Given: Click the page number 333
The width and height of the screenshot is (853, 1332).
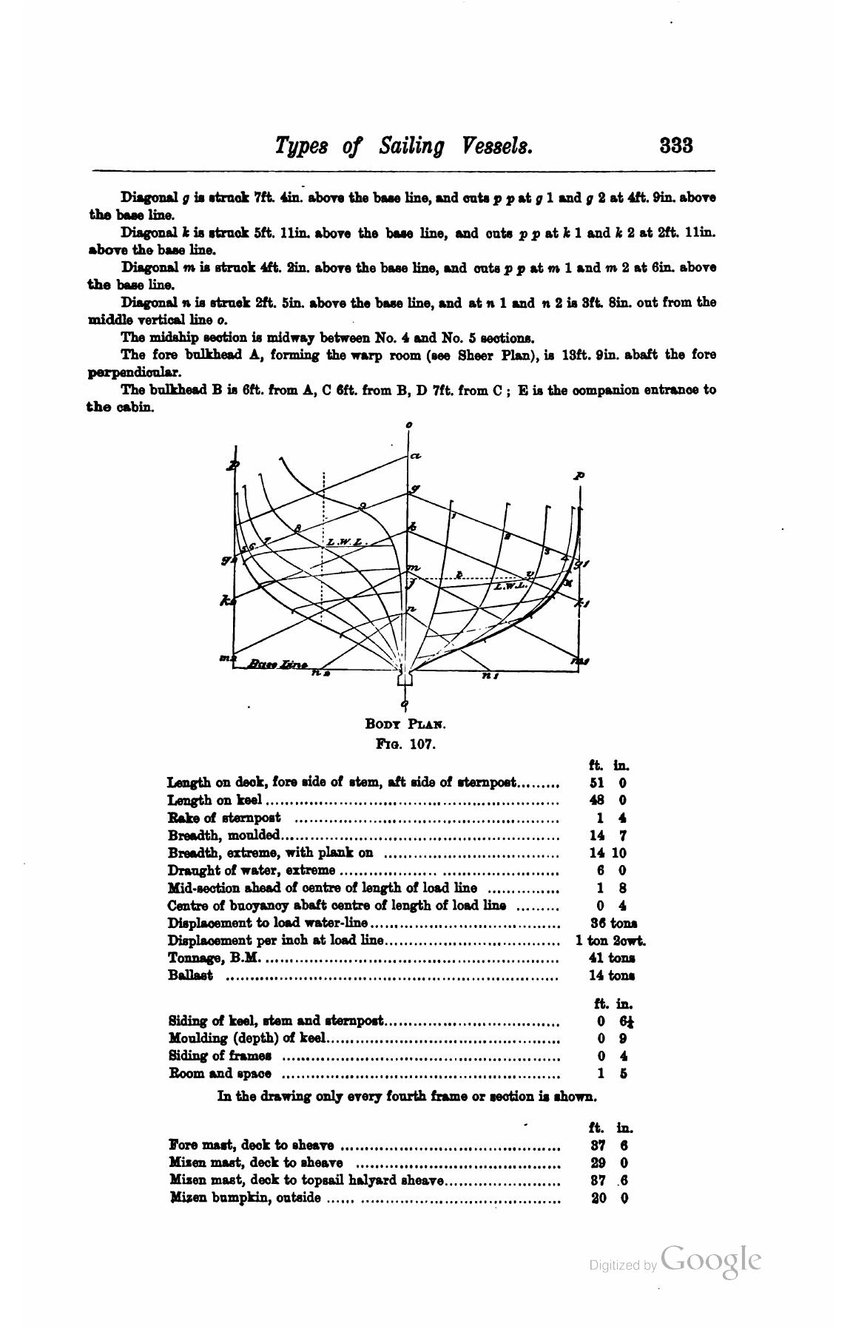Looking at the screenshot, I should coord(675,144).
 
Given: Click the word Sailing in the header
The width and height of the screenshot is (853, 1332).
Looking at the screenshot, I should coord(411,146).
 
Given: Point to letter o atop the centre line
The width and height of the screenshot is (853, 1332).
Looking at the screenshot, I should coord(408,425).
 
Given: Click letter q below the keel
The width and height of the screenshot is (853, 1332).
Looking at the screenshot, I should coord(404,704).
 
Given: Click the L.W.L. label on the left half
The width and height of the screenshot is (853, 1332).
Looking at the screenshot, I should coord(346,542).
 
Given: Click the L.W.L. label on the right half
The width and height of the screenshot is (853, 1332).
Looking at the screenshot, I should coord(509,585).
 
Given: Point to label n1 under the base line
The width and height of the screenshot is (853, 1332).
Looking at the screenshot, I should coord(490,675).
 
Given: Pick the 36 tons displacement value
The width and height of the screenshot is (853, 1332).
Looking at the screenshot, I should coord(613,924).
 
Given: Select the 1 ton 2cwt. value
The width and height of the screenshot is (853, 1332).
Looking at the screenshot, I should coord(610,941).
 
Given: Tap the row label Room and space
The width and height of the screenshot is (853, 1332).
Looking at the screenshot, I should coord(220,1073).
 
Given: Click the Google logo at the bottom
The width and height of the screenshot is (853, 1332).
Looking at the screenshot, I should coord(711,1260).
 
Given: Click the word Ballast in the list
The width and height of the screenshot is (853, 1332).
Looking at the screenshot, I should coord(191,975).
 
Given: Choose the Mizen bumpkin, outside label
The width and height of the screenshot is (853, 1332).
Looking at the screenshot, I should coord(245,1197).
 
